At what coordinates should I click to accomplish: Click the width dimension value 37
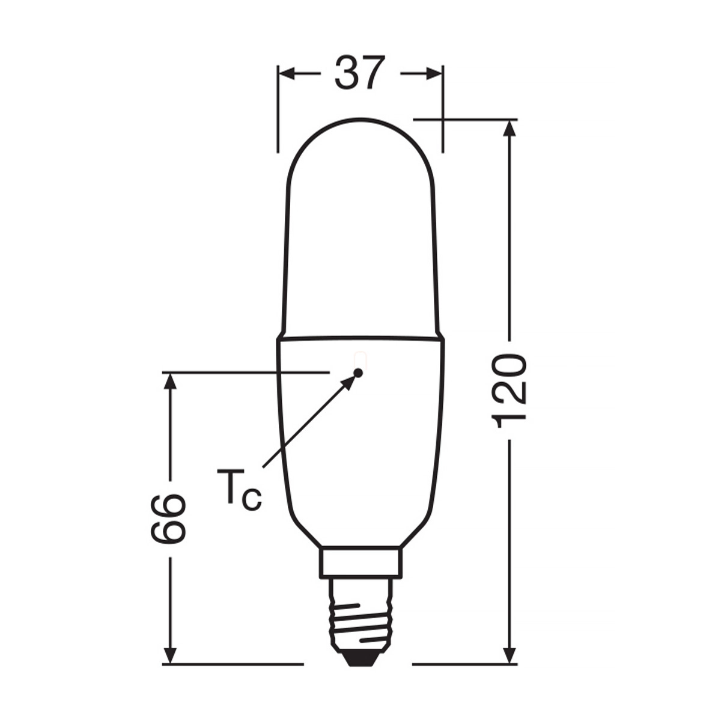(359, 73)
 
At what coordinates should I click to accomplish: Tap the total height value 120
(509, 391)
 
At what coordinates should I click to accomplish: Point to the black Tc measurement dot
(358, 373)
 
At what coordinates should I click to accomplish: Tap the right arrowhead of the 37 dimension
(434, 74)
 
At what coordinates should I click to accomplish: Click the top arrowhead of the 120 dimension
(510, 129)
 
